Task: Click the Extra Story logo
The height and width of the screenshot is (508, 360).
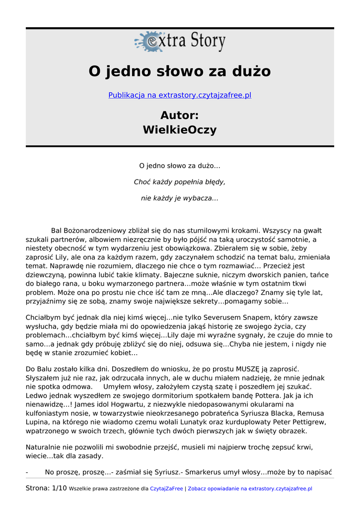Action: [180, 42]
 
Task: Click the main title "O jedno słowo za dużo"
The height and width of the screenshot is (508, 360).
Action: [180, 71]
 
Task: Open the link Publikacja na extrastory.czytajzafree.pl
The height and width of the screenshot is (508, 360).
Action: [180, 95]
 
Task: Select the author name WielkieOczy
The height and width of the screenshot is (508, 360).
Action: [180, 130]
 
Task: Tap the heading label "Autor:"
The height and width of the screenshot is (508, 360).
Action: [180, 116]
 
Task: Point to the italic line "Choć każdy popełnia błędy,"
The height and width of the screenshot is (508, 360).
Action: [180, 182]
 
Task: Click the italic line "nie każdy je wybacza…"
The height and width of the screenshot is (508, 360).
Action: [180, 198]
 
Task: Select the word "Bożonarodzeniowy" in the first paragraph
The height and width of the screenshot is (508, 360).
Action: [97, 231]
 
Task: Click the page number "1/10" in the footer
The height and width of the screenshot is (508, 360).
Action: [59, 489]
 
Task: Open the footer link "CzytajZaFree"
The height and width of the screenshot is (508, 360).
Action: [166, 489]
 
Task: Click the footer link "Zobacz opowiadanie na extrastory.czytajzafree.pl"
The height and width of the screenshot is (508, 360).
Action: [250, 489]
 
